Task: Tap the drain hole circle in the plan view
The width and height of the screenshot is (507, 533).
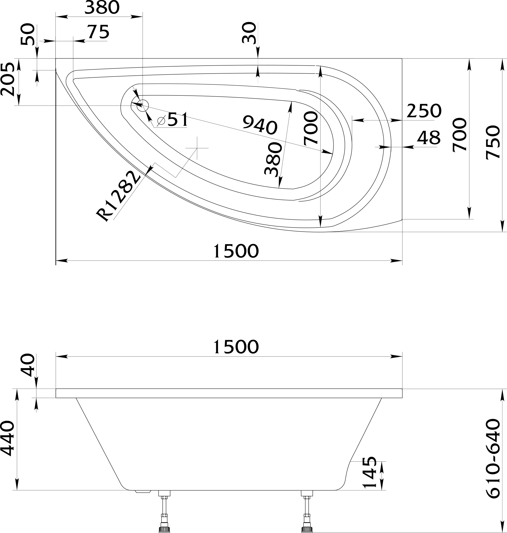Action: [x=143, y=105]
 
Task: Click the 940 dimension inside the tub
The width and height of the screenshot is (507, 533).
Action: [x=260, y=125]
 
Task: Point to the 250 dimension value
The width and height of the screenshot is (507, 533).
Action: [x=424, y=111]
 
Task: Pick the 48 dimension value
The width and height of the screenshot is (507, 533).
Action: [x=429, y=138]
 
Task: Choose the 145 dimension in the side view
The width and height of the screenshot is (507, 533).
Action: [x=370, y=472]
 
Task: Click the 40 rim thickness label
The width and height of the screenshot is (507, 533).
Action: [x=28, y=365]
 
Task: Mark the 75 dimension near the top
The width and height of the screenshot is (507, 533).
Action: [x=98, y=32]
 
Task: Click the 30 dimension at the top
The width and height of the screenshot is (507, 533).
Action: [x=249, y=33]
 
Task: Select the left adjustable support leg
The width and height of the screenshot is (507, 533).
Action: [x=164, y=511]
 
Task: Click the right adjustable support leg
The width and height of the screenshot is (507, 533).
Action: [x=307, y=511]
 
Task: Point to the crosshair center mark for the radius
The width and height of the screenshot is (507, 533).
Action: [x=197, y=148]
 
